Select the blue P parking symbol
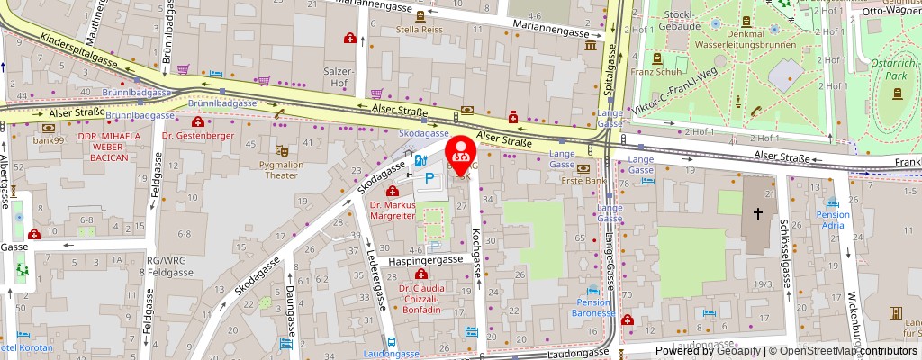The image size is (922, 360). [430, 180]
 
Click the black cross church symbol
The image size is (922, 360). [758, 214]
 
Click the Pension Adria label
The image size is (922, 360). [833, 221]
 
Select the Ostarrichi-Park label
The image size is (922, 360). [891, 67]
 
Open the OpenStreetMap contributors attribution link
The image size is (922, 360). [849, 351]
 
